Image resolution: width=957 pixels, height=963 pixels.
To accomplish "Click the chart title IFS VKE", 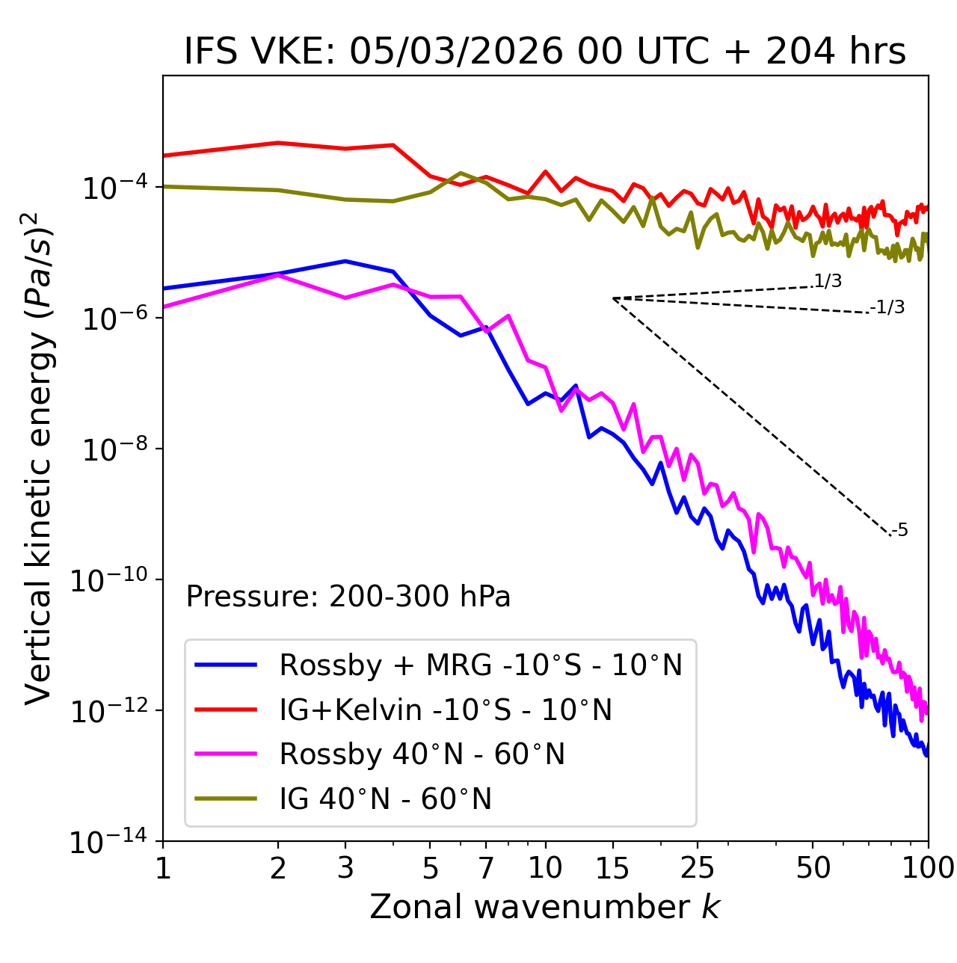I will point(544,51).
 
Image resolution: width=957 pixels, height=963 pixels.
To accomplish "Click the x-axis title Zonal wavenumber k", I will point(544,906).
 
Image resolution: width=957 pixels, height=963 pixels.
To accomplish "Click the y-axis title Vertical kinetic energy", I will point(39,458).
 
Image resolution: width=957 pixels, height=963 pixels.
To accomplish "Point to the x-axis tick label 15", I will point(612,867).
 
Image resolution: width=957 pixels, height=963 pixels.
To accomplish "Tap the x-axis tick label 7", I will point(486,867).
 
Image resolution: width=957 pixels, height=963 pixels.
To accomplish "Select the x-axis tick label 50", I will point(813,867).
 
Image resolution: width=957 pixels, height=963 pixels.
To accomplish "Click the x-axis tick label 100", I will point(928,867).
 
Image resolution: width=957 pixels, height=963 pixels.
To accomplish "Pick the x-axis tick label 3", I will point(345,867).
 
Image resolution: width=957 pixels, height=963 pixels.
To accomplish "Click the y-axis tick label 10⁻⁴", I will point(113,188).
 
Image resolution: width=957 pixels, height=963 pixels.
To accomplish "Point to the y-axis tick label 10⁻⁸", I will point(113,449).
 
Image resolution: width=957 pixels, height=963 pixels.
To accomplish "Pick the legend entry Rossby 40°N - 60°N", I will point(422,754).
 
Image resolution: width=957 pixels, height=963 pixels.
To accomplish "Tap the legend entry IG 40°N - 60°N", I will point(385,799).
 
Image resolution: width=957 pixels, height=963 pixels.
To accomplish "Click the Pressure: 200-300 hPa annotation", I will point(348,597).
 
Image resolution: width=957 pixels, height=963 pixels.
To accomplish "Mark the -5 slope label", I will point(899,531).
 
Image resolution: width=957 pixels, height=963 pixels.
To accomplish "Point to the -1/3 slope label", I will point(888,307).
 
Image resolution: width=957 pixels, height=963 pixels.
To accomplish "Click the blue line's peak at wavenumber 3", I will point(345,261).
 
